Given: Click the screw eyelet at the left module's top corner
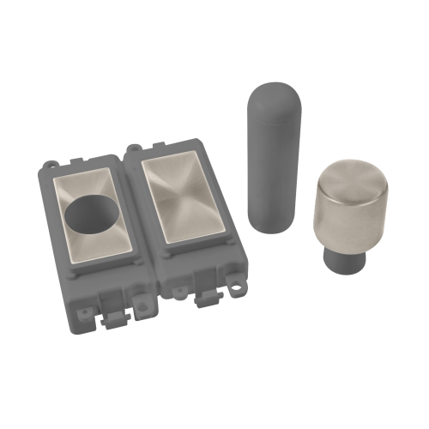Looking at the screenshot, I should [49, 164].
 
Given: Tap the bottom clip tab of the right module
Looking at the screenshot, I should [207, 300].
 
